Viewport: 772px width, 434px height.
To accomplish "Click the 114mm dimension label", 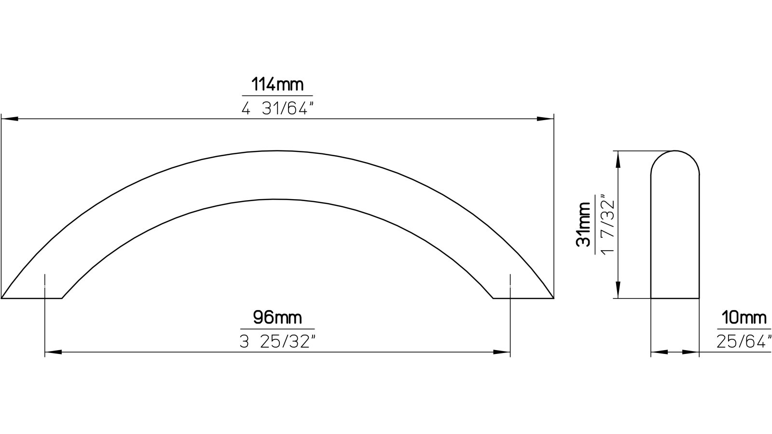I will coord(277,85).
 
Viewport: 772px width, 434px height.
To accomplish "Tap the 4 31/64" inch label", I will coord(277,109).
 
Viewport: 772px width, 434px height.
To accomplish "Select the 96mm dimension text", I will coord(277,318).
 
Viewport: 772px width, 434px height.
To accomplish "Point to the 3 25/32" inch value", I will coord(277,342).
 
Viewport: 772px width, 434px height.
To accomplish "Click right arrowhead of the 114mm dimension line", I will coord(545,119).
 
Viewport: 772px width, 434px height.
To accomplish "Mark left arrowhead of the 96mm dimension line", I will coord(53,353).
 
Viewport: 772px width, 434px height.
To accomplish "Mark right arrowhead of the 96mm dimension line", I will coord(502,353).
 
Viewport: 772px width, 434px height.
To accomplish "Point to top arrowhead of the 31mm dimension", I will coord(618,158).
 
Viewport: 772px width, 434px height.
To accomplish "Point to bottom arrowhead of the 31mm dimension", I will coord(618,291).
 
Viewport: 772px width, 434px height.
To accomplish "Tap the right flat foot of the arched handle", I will coord(524,298).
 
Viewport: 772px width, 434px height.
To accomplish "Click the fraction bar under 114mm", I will coord(277,96).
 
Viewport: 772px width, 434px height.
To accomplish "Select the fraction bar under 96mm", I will coord(277,329).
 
